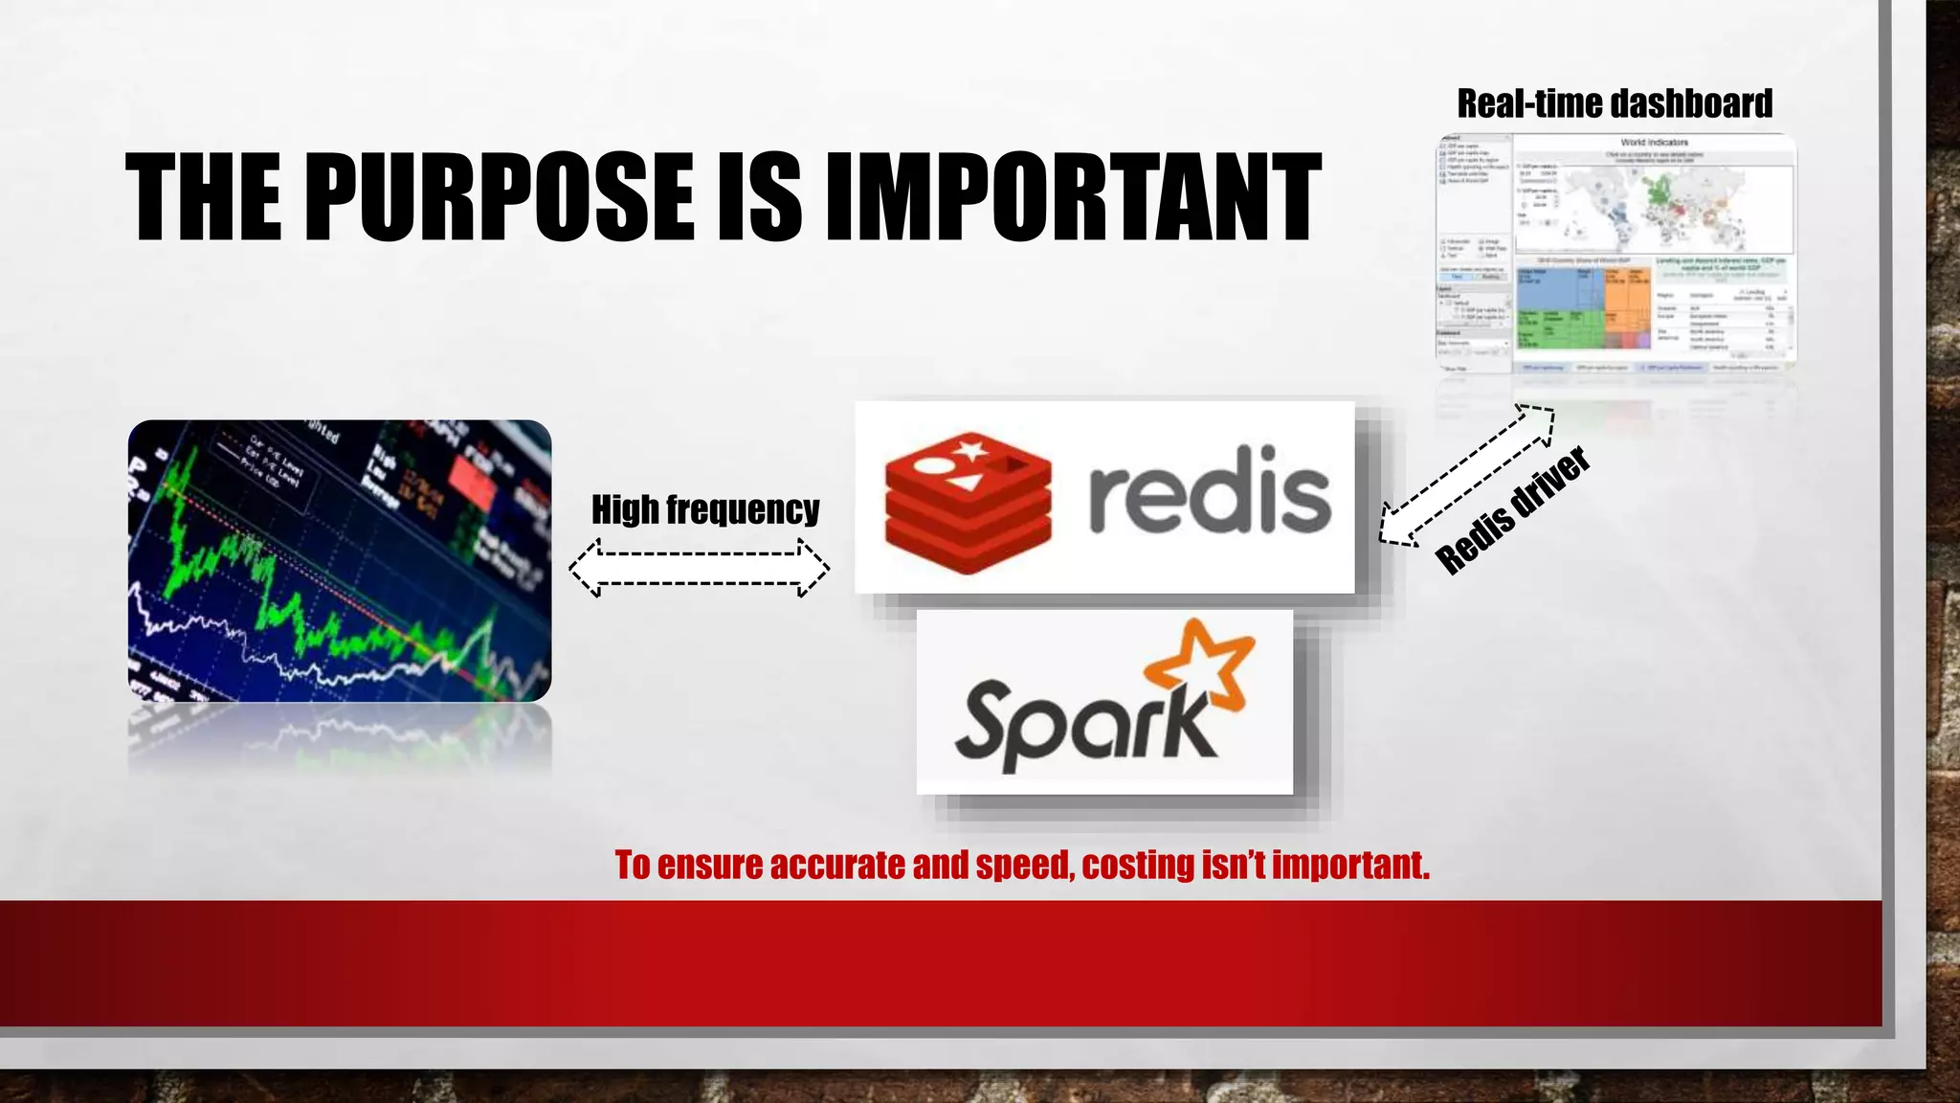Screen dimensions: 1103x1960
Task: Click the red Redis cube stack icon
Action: (x=968, y=503)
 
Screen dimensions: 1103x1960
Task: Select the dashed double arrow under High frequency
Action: (x=700, y=568)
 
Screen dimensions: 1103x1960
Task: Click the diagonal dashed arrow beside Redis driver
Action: (x=1466, y=475)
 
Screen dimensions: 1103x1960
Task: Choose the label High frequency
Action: (x=705, y=509)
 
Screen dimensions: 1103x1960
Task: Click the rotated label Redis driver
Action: (x=1513, y=510)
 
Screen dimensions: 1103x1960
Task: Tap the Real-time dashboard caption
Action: (x=1615, y=103)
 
